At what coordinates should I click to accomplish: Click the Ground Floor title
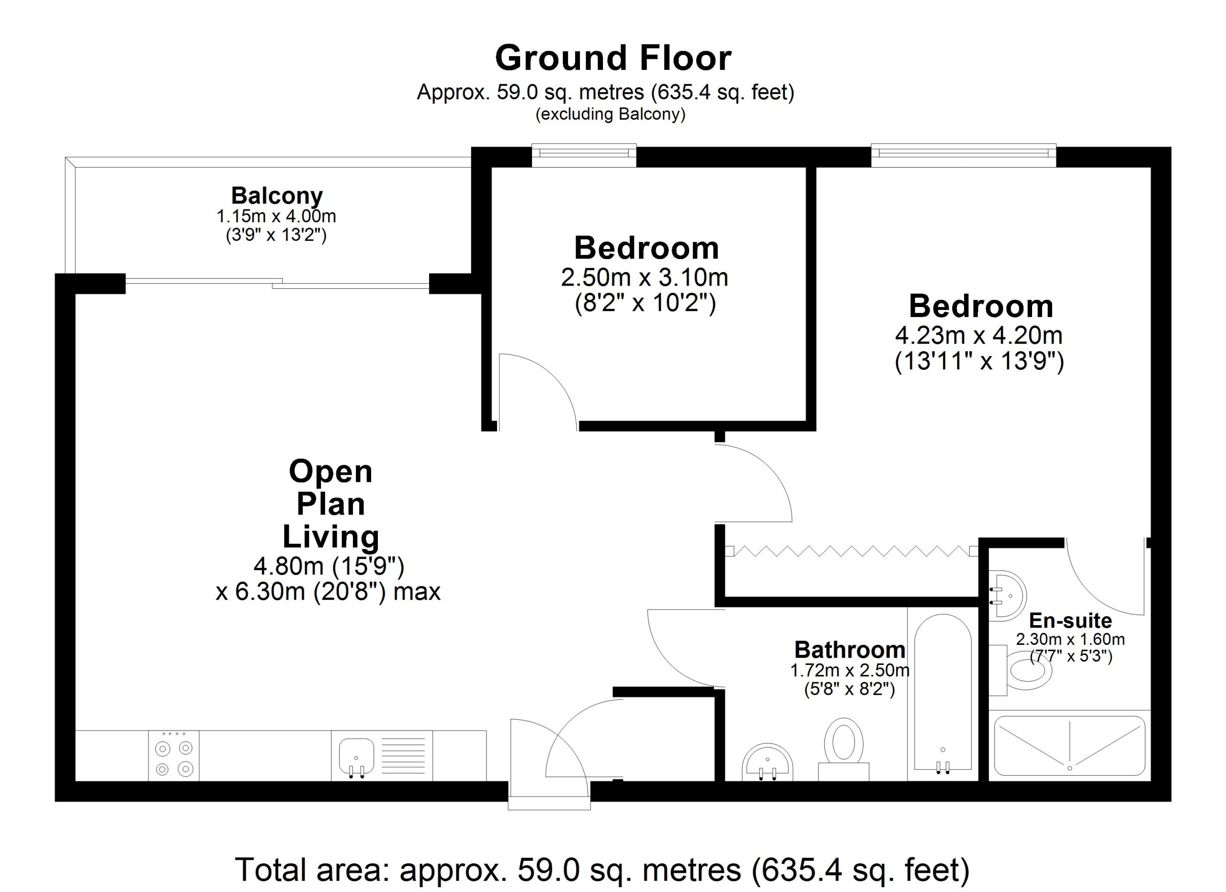pos(613,58)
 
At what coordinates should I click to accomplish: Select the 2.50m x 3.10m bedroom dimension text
pos(644,278)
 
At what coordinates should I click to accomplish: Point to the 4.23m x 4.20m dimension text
pos(978,336)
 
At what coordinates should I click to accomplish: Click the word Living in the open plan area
pos(331,537)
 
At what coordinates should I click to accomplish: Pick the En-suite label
pos(1070,620)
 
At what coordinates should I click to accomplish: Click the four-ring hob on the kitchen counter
pos(173,756)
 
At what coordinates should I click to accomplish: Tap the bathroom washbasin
pos(768,763)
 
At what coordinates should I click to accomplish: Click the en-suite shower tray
pos(1070,746)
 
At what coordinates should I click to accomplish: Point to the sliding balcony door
pos(277,283)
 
